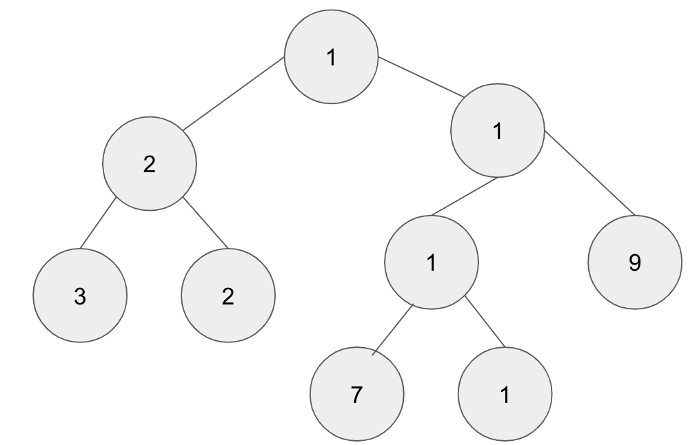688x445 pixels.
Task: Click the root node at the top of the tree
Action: (332, 57)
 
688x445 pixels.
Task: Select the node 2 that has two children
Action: (150, 164)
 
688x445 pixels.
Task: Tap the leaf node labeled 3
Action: (80, 296)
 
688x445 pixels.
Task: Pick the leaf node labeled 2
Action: (228, 296)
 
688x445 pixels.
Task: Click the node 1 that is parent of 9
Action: (498, 131)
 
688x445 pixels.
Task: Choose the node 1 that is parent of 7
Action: (432, 262)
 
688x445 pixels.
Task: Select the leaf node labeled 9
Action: (635, 262)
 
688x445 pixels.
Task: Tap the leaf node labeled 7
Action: (357, 395)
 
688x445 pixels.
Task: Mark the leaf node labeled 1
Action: (505, 395)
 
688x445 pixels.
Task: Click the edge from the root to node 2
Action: (234, 94)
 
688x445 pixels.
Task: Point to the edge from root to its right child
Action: (421, 76)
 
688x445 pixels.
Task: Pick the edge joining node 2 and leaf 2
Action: (205, 222)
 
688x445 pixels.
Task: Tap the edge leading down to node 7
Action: (392, 329)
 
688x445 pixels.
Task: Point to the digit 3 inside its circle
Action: (80, 296)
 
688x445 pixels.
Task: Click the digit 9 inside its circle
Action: (635, 262)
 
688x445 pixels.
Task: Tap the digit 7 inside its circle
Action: (357, 395)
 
